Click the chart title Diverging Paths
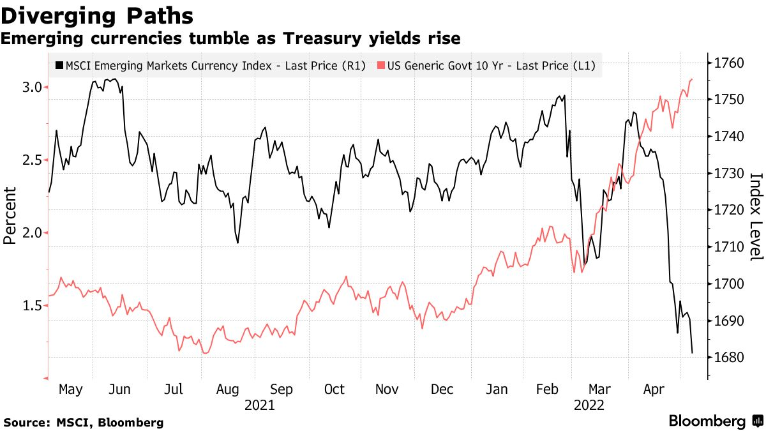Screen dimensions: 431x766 pyautogui.click(x=98, y=15)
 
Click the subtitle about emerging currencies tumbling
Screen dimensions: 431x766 pyautogui.click(x=230, y=39)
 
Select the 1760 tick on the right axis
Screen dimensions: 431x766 pyautogui.click(x=728, y=63)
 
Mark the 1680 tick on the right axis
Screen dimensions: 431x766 pyautogui.click(x=728, y=357)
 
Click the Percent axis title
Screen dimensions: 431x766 pyautogui.click(x=10, y=216)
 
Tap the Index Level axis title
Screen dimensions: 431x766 pyautogui.click(x=756, y=216)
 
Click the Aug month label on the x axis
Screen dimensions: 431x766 pyautogui.click(x=228, y=389)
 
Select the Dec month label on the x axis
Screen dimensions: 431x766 pyautogui.click(x=442, y=389)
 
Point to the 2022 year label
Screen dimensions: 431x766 pyautogui.click(x=590, y=405)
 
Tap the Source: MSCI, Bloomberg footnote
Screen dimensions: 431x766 pyautogui.click(x=83, y=423)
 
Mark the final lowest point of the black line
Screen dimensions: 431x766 pyautogui.click(x=693, y=352)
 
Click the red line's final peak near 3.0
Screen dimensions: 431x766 pyautogui.click(x=693, y=79)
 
